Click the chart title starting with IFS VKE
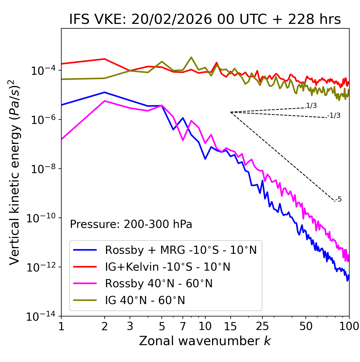pyautogui.click(x=205, y=20)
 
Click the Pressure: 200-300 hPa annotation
pyautogui.click(x=131, y=224)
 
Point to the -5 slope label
pyautogui.click(x=338, y=200)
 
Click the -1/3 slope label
pyautogui.click(x=334, y=116)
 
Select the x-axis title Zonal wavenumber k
pyautogui.click(x=205, y=341)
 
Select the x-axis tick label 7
pyautogui.click(x=183, y=326)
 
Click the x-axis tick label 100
pyautogui.click(x=349, y=326)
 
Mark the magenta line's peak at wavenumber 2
pyautogui.click(x=105, y=101)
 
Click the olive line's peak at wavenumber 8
pyautogui.click(x=191, y=57)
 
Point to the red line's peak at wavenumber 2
pyautogui.click(x=105, y=59)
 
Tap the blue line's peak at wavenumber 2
pyautogui.click(x=105, y=92)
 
